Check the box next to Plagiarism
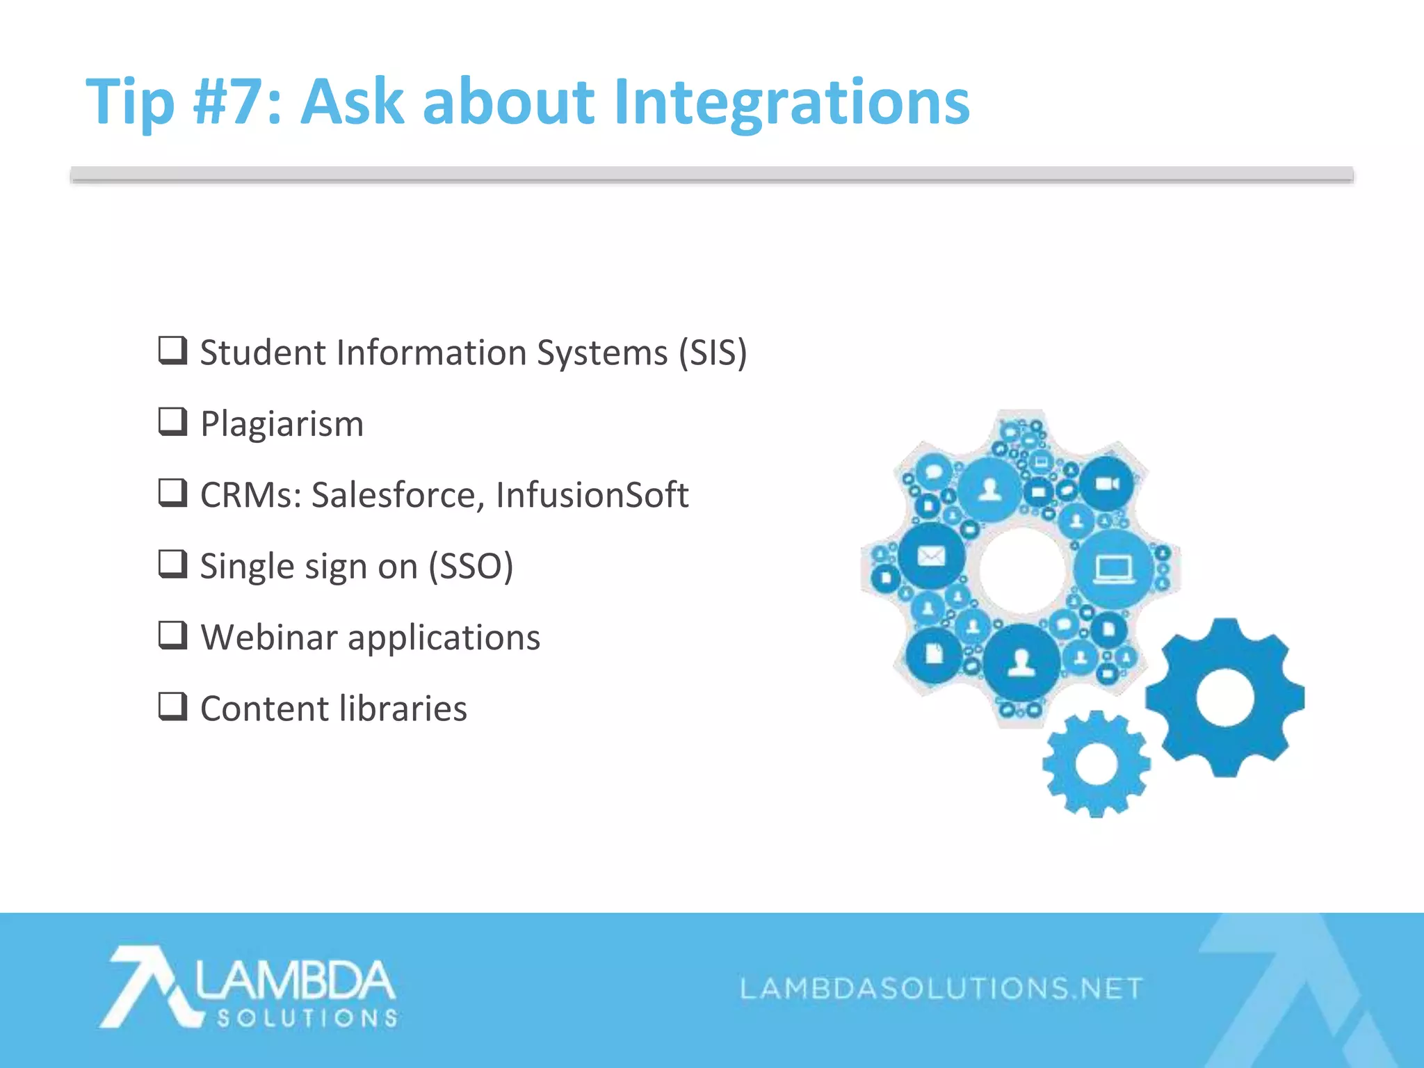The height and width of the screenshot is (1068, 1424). click(x=172, y=421)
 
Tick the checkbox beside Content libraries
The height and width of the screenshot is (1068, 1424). click(x=172, y=706)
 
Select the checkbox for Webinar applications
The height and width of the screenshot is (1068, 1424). click(x=172, y=635)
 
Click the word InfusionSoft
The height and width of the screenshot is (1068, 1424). click(x=592, y=495)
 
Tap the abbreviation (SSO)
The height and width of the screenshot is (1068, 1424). click(x=471, y=566)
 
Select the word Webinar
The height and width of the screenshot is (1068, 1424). click(x=269, y=637)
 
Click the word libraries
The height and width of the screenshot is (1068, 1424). click(x=403, y=709)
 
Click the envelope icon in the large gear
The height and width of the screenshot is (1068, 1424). click(x=931, y=556)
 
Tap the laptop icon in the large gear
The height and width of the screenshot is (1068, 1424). click(x=1112, y=569)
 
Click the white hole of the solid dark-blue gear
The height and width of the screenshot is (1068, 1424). click(x=1225, y=697)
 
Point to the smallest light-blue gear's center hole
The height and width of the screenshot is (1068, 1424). click(x=1096, y=764)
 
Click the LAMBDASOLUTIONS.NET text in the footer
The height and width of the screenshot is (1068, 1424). click(x=941, y=988)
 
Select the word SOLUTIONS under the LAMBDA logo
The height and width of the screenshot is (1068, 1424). click(x=307, y=1019)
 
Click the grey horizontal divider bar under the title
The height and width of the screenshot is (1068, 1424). click(x=711, y=175)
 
